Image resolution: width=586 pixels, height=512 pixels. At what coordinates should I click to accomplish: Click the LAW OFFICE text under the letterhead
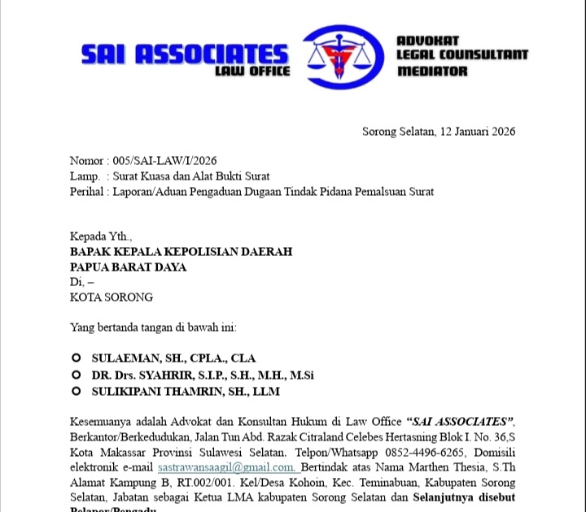[252, 72]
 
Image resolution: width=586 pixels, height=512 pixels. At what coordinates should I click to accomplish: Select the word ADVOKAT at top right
[428, 41]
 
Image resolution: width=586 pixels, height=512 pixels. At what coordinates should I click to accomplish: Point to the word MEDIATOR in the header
[432, 72]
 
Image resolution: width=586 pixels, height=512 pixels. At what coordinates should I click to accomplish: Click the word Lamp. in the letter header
[85, 176]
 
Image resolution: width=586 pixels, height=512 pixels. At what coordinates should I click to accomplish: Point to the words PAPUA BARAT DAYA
[128, 267]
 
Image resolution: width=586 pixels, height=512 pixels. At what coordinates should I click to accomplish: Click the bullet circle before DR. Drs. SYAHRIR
[76, 375]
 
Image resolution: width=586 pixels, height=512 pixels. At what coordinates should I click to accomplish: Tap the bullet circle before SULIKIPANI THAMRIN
[76, 391]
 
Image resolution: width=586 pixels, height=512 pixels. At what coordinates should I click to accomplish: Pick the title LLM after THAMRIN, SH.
[266, 391]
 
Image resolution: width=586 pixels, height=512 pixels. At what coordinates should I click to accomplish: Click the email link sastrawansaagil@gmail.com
[226, 467]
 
